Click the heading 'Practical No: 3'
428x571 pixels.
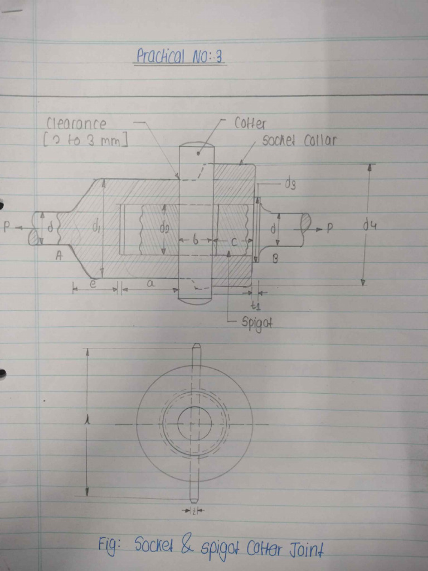click(x=180, y=56)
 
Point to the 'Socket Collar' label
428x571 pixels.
click(x=299, y=141)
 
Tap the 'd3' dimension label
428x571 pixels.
click(x=290, y=185)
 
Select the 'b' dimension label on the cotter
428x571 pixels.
click(x=195, y=240)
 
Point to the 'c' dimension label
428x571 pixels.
click(x=234, y=241)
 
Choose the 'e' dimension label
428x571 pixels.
click(x=94, y=284)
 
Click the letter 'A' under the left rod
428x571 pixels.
click(x=59, y=256)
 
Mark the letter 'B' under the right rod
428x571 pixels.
click(x=275, y=258)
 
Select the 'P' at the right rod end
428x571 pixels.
click(x=330, y=228)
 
